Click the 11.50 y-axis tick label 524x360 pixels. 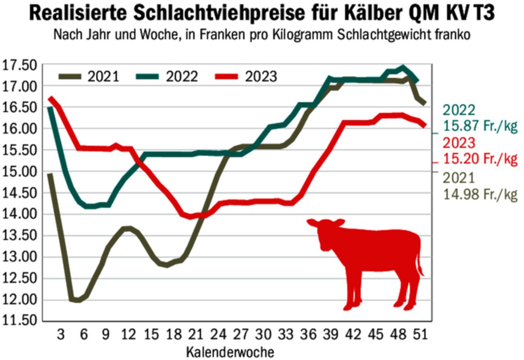[x=19, y=321]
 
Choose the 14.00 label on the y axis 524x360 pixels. [x=19, y=215]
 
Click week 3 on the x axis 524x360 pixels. [x=61, y=335]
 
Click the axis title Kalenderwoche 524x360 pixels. [x=230, y=351]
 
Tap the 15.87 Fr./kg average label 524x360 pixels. [x=480, y=127]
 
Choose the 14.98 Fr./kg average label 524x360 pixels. [x=480, y=194]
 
